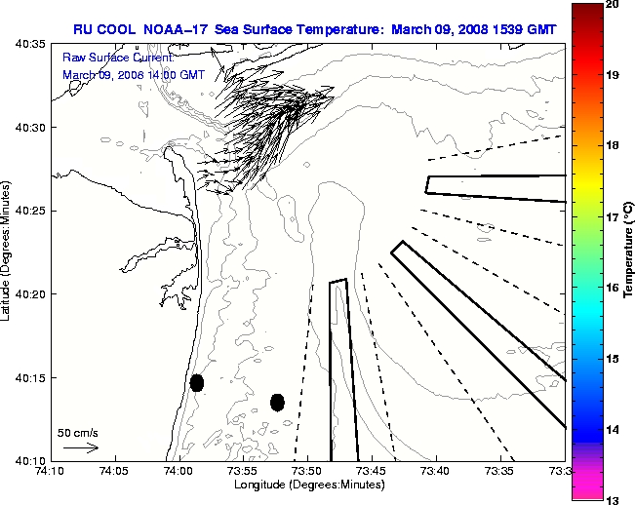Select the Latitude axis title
[7, 252]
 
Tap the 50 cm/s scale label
[78, 432]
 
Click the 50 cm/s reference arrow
[81, 448]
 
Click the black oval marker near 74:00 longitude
[197, 382]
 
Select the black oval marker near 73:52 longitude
[277, 402]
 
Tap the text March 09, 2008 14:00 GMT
[133, 74]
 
